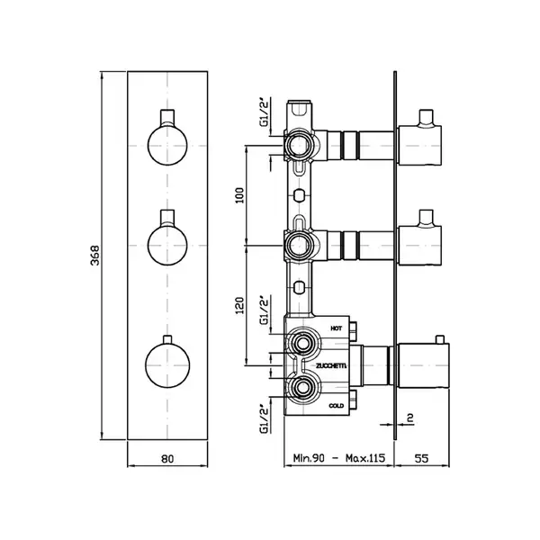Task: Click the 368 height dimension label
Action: pos(94,256)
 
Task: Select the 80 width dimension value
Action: pos(167,459)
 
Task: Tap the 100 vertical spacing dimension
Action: pos(239,195)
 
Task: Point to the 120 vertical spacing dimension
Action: pos(239,305)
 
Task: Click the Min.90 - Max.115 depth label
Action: pos(338,458)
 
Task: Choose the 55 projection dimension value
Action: pos(421,458)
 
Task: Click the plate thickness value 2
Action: pos(409,418)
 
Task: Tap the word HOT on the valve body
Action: pos(337,328)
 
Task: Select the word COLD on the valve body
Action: pos(337,406)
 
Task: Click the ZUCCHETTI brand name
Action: pos(331,365)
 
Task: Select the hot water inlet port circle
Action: pos(303,343)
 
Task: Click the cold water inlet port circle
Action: pos(303,388)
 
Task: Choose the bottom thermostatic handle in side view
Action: pos(424,365)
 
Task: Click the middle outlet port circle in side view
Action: pos(299,246)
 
